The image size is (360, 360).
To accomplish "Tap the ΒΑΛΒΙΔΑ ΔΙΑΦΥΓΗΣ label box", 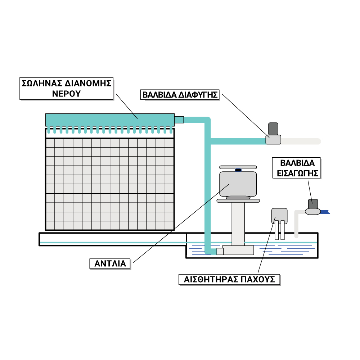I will pos(180,95).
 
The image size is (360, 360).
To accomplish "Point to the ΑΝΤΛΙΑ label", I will pos(110,264).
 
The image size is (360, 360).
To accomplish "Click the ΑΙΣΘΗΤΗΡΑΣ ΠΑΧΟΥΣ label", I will pos(229,279).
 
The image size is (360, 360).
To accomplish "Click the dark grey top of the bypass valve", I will pos(273,129).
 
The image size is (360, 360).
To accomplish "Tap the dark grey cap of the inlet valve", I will pos(314,203).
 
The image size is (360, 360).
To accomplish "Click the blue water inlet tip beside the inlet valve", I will pos(325,212).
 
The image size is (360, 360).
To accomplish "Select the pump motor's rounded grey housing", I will pos(238,184).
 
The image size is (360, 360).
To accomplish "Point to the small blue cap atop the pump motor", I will pos(238,170).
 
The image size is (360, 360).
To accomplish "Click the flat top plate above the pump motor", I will pos(238,167).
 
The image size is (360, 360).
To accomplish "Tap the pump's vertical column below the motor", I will pos(238,223).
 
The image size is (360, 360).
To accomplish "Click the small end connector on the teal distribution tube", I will pos(179,120).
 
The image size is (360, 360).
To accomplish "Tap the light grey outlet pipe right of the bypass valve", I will pos(301,141).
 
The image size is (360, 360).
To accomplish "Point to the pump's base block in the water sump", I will pos(238,250).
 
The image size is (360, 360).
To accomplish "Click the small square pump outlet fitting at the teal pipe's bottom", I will pos(220,251).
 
